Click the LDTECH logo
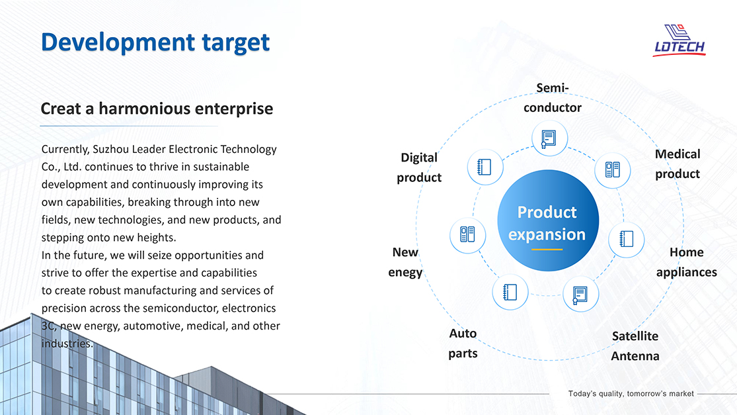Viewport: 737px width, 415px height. (x=679, y=40)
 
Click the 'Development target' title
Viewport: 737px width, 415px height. (x=155, y=43)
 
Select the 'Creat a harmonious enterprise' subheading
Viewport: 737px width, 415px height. (x=157, y=109)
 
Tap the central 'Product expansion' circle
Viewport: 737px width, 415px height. (x=547, y=220)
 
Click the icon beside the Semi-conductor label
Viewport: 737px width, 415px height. (x=549, y=138)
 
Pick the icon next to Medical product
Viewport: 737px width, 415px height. (x=612, y=170)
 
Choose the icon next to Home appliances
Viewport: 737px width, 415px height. (x=626, y=239)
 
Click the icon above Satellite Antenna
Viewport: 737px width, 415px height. (x=580, y=295)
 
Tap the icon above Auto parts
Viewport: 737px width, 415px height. (x=510, y=292)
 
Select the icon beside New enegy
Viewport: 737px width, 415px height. (x=467, y=234)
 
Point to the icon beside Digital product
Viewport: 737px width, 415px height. (x=485, y=167)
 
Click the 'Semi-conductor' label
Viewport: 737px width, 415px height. (x=553, y=98)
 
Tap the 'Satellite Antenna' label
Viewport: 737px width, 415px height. (x=635, y=346)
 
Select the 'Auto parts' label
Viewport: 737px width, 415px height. (x=463, y=343)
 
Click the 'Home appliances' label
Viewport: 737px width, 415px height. (x=686, y=262)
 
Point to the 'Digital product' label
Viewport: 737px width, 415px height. (x=419, y=167)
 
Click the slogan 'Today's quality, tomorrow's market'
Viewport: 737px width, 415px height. (x=631, y=393)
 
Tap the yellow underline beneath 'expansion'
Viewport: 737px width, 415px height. (x=547, y=250)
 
